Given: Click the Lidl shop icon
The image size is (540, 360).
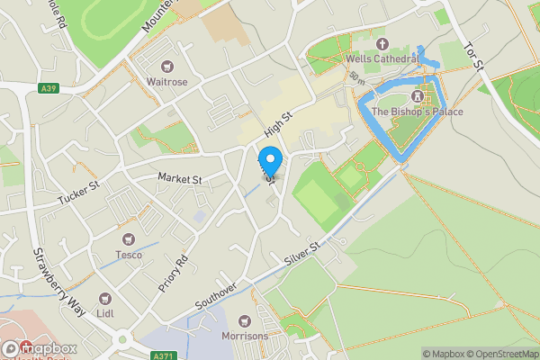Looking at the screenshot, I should [105, 299].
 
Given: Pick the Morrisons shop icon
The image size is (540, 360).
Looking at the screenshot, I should [244, 321].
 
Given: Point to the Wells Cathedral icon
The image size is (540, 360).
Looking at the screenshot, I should [381, 43].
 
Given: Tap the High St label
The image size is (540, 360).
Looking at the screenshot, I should [279, 123].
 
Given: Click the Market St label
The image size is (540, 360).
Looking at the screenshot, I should [180, 179].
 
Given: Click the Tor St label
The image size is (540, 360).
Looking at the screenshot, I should [473, 57].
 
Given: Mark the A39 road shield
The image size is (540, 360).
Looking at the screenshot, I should [51, 88].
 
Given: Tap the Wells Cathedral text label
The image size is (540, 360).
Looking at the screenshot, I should [382, 58].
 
